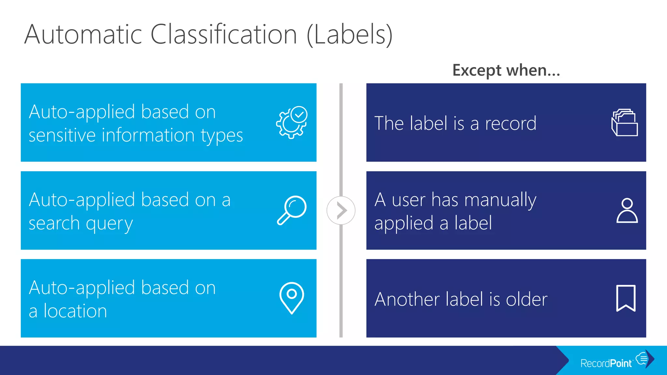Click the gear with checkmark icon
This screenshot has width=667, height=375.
click(x=291, y=122)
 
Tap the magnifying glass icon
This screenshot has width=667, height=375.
click(x=292, y=210)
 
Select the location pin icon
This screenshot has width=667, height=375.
click(x=292, y=298)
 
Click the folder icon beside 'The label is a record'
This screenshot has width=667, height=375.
click(x=624, y=122)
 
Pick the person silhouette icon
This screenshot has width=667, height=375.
click(x=627, y=211)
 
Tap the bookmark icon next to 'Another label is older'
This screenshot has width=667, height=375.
click(x=626, y=298)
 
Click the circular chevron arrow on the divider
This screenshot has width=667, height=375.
click(x=341, y=210)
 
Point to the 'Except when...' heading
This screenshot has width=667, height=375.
click(x=506, y=70)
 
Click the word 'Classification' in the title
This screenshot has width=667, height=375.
click(x=223, y=35)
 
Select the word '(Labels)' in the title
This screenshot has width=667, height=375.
click(x=350, y=35)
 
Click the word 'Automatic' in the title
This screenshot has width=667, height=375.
click(x=83, y=35)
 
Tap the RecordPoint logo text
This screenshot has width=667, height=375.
click(x=606, y=363)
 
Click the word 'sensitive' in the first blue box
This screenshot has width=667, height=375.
click(x=62, y=135)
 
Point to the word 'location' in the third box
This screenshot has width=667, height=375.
click(x=75, y=311)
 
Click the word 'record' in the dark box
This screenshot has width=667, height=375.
click(x=511, y=123)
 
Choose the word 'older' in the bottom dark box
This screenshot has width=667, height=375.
click(x=527, y=299)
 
